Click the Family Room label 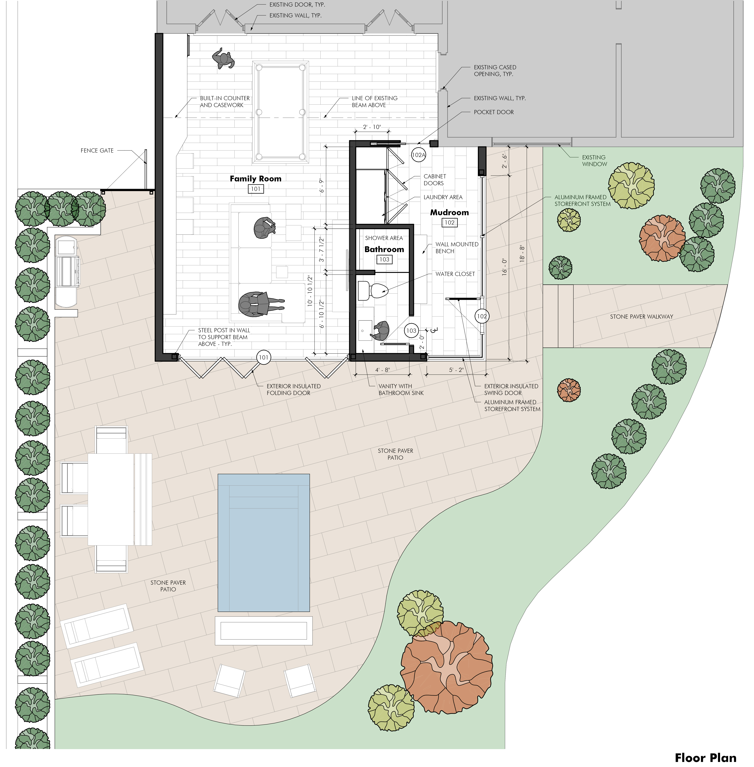255,179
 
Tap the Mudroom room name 449,212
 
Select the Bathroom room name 384,249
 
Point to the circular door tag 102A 418,155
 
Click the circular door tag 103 411,330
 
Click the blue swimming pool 264,543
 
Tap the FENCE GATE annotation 97,151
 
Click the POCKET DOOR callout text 494,112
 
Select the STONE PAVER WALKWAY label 641,316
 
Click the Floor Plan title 706,758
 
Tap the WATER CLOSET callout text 455,274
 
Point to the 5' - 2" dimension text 456,370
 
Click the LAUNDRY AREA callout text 443,197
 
